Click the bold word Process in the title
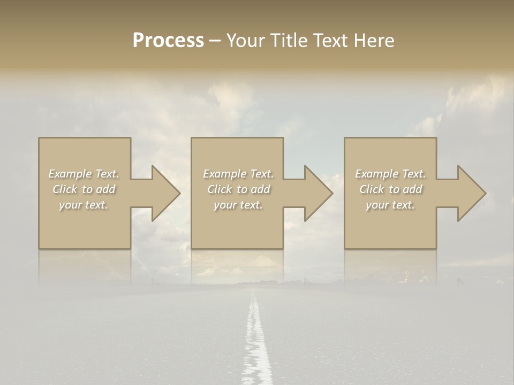point(168,41)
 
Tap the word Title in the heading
point(289,41)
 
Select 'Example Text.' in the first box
point(84,174)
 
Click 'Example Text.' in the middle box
point(238,174)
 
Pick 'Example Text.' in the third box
point(390,174)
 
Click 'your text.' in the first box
point(84,205)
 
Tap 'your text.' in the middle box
point(238,205)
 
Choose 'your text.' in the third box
point(390,205)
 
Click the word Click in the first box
point(65,189)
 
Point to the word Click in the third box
point(372,189)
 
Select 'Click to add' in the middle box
point(238,189)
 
